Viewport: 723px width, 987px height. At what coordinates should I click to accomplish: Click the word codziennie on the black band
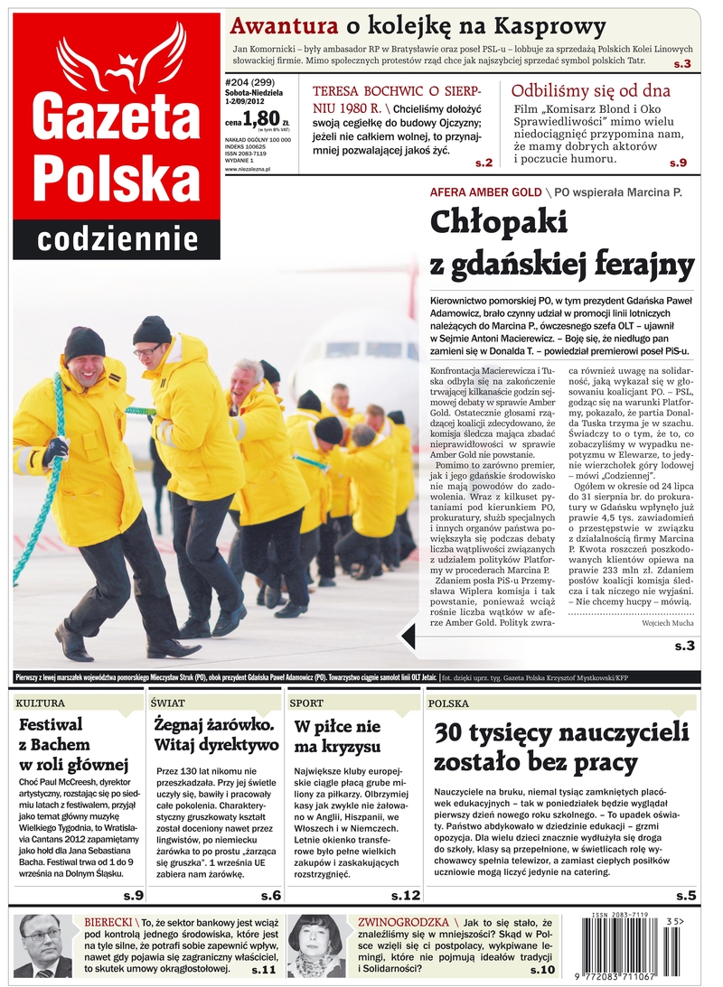point(117,239)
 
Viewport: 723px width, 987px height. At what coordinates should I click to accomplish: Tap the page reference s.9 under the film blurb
point(678,163)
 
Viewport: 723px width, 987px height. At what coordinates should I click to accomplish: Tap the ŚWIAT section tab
point(169,703)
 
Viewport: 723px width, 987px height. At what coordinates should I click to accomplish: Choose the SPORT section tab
point(306,703)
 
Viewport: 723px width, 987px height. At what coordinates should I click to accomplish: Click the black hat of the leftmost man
point(84,343)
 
